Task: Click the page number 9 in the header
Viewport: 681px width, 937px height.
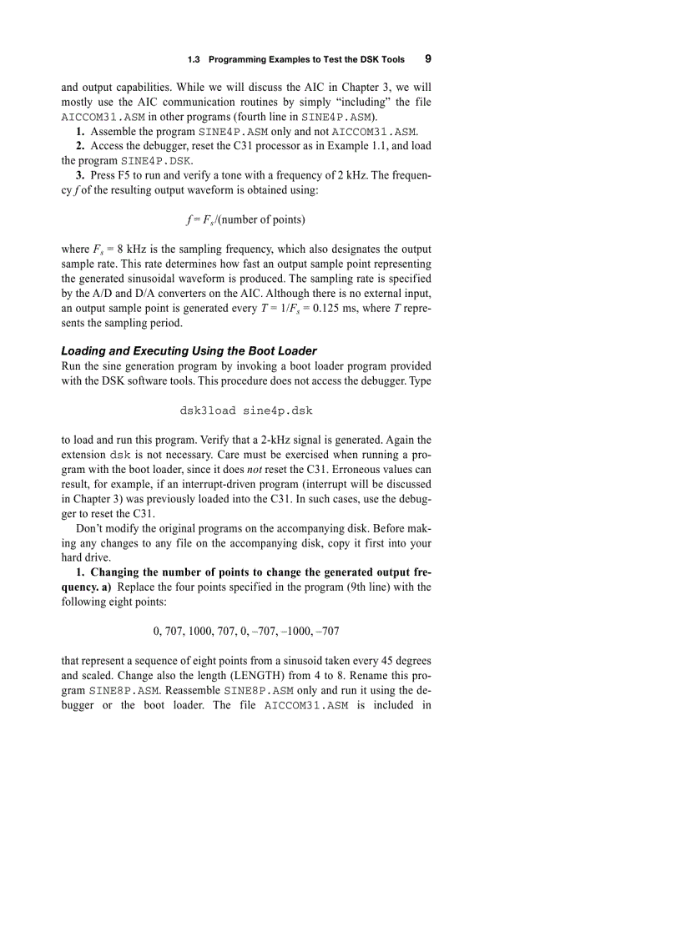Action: click(427, 59)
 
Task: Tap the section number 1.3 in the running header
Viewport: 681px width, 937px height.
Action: click(194, 60)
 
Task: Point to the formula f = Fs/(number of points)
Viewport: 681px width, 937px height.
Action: click(245, 220)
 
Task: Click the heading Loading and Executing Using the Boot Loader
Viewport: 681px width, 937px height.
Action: click(189, 350)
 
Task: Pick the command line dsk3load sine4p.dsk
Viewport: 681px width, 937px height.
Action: click(246, 411)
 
